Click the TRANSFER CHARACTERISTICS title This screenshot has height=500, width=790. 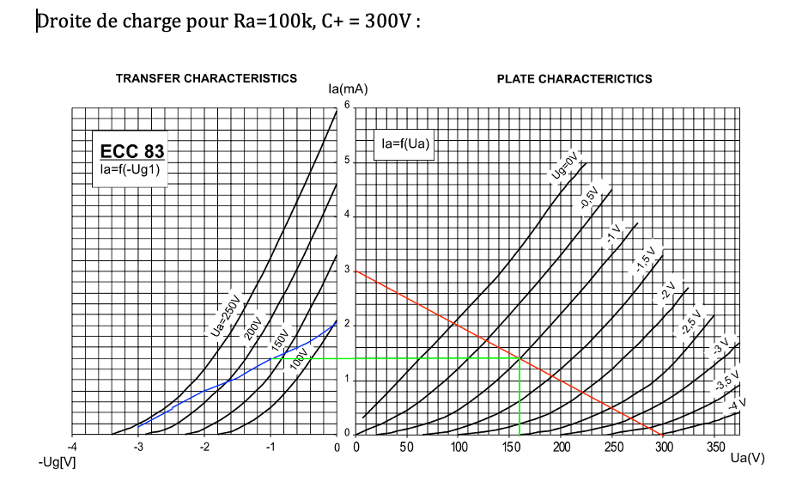pyautogui.click(x=206, y=78)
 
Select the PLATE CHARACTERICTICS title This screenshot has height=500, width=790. pyautogui.click(x=574, y=79)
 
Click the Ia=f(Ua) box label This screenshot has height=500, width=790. pyautogui.click(x=404, y=144)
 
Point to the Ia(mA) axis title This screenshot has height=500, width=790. pyautogui.click(x=348, y=89)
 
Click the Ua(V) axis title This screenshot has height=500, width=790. pyautogui.click(x=746, y=458)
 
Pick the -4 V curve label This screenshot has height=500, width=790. pyautogui.click(x=736, y=403)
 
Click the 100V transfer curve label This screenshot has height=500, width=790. pyautogui.click(x=298, y=358)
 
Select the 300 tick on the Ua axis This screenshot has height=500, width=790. pyautogui.click(x=665, y=447)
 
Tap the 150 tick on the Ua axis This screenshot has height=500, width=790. pyautogui.click(x=510, y=447)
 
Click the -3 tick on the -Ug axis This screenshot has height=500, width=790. pyautogui.click(x=138, y=447)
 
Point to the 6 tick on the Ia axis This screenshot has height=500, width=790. pyautogui.click(x=347, y=105)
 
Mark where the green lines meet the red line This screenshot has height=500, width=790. pyautogui.click(x=520, y=357)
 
